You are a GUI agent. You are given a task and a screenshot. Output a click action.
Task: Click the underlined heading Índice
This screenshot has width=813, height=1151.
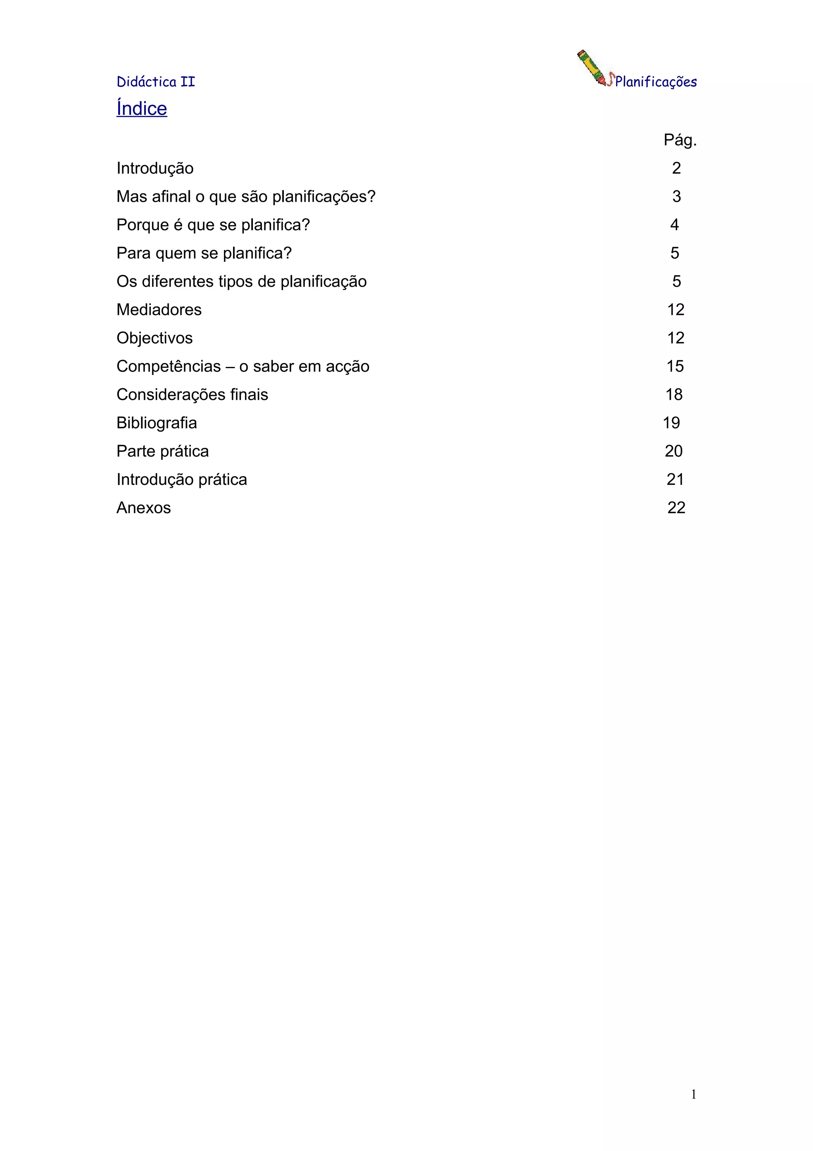[142, 109]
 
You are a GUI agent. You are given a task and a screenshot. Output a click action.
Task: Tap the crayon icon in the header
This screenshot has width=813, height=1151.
[593, 68]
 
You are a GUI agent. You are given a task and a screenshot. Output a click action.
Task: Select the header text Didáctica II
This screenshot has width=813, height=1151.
[156, 82]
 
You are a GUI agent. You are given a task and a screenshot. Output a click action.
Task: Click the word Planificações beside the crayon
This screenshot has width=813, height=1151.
[656, 82]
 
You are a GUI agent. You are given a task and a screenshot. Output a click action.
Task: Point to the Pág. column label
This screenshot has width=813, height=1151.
[680, 140]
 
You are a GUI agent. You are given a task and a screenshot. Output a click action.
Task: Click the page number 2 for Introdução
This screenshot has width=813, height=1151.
[676, 168]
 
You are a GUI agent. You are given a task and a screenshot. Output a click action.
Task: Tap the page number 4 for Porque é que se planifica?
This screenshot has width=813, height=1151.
[675, 224]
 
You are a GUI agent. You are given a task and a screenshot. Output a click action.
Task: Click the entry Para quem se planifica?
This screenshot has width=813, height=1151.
[204, 253]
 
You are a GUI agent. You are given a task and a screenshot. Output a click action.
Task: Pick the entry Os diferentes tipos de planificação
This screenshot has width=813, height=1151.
[241, 281]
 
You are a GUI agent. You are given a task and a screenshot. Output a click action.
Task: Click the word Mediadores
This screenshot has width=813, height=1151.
[159, 310]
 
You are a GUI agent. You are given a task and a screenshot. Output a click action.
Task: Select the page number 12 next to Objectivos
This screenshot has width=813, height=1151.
[676, 338]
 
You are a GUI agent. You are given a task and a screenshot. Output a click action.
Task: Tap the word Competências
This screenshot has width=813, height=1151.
[168, 367]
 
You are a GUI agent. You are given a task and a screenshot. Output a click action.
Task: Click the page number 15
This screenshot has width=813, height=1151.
[675, 367]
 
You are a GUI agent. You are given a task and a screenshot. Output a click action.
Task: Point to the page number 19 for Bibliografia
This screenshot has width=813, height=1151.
[672, 423]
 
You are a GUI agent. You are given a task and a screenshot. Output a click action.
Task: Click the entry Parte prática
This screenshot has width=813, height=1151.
[163, 451]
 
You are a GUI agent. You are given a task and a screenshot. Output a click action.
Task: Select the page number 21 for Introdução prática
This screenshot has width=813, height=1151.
[675, 480]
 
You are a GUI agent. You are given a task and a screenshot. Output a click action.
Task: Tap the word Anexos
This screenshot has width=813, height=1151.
[144, 508]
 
